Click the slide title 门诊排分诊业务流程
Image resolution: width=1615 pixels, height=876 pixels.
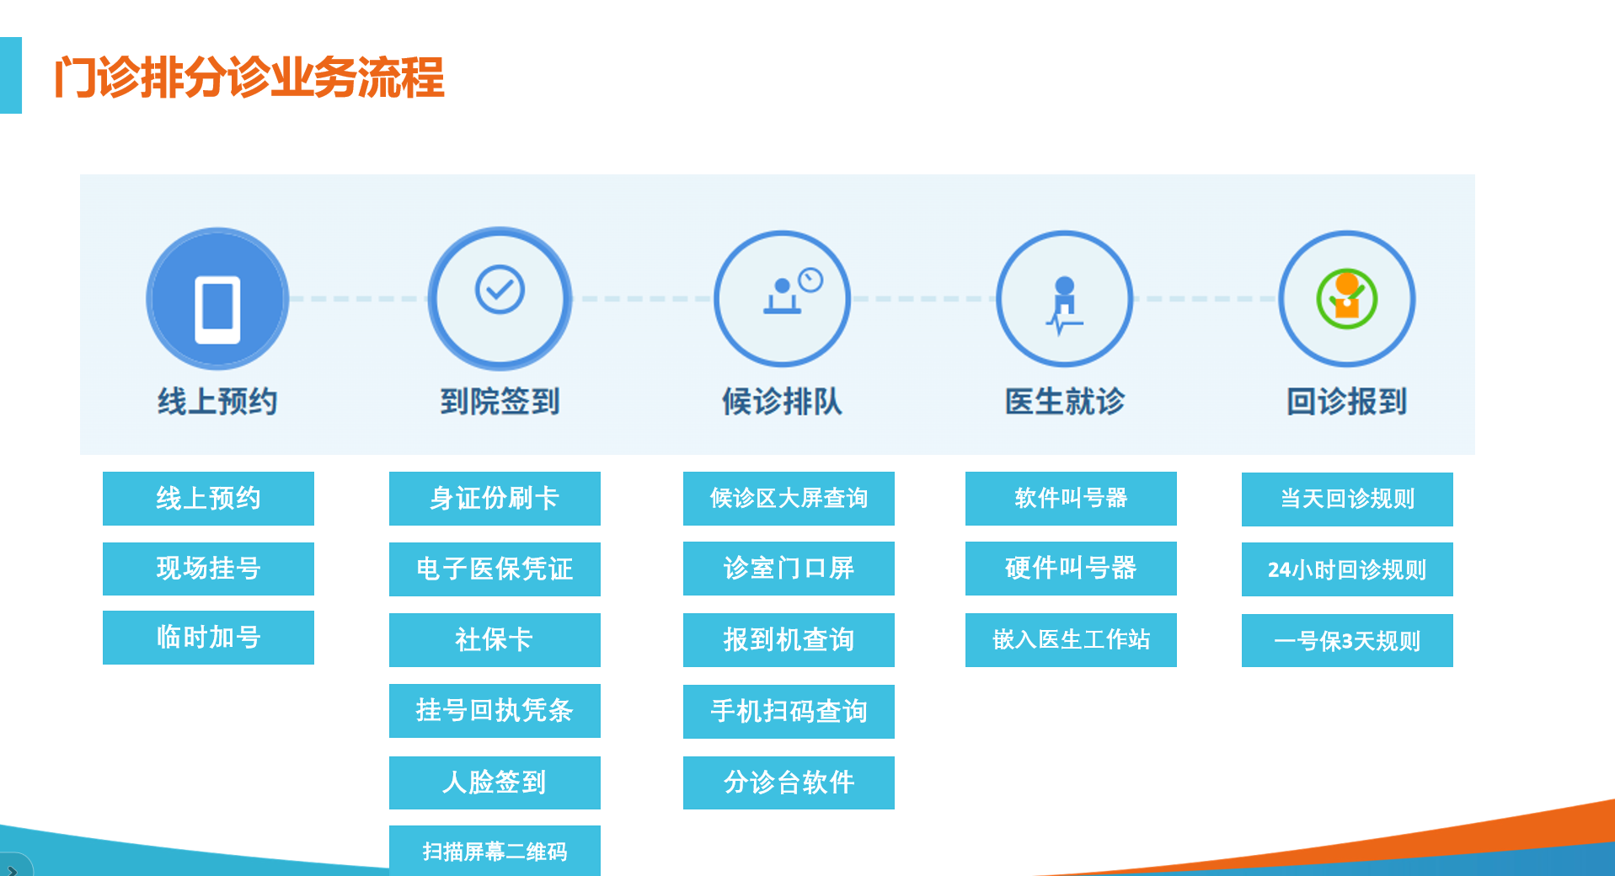(x=249, y=77)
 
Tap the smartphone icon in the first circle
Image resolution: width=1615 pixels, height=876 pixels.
(x=217, y=309)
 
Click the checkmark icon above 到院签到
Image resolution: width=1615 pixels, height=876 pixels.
(x=500, y=290)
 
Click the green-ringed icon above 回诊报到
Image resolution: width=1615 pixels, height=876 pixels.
(x=1346, y=299)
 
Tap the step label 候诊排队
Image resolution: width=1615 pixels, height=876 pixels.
(x=782, y=402)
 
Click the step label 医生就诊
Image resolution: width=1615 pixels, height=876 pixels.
(x=1065, y=402)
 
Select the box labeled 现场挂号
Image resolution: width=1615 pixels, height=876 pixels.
(x=208, y=569)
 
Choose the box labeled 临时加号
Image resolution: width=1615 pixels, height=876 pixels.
(x=208, y=638)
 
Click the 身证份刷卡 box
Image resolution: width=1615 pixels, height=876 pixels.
(x=495, y=499)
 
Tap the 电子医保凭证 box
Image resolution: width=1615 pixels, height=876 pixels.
(x=495, y=569)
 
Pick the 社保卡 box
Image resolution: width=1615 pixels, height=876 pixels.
(x=495, y=640)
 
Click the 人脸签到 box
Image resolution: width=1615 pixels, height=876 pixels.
(x=495, y=783)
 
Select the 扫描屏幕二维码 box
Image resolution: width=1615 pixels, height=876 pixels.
(x=495, y=851)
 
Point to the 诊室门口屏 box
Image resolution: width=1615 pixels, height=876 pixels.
(x=789, y=569)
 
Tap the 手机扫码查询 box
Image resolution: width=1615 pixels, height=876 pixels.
(x=789, y=712)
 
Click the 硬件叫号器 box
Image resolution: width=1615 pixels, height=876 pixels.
(x=1071, y=569)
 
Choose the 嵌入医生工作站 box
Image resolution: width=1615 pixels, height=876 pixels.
(x=1071, y=640)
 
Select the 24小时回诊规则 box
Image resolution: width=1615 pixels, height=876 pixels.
(x=1347, y=569)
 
